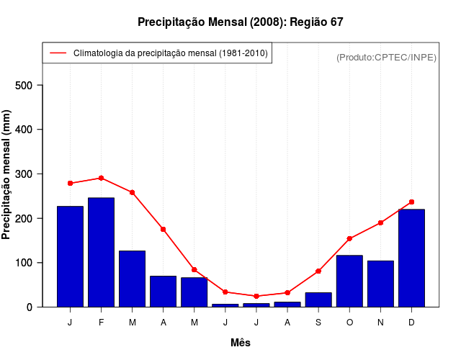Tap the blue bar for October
[349, 281]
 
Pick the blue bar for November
[380, 284]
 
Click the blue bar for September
[318, 300]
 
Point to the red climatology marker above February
[101, 178]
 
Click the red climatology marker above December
[411, 202]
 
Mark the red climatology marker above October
[349, 238]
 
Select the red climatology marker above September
[318, 271]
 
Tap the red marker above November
[380, 222]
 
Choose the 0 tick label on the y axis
[30, 307]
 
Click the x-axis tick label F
[101, 323]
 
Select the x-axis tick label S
[318, 323]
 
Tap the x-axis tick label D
[411, 323]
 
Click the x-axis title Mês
[241, 343]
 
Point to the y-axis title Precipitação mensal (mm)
[7, 174]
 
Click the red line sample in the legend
[58, 53]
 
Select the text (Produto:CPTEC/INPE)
[386, 57]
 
